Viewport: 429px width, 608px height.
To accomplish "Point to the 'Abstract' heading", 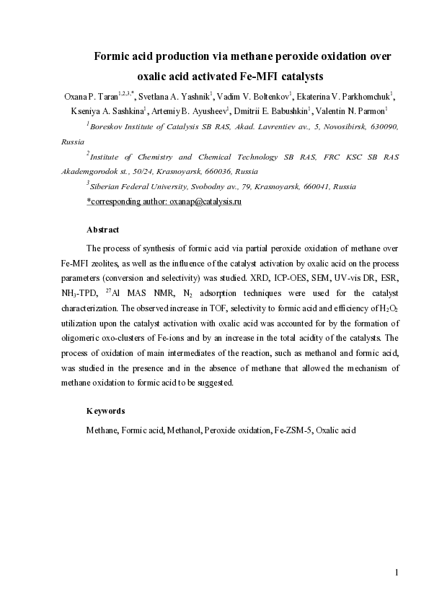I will [102, 230].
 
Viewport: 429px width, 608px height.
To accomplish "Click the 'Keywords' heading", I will [105, 411].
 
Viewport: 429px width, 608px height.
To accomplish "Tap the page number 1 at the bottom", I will [397, 573].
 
